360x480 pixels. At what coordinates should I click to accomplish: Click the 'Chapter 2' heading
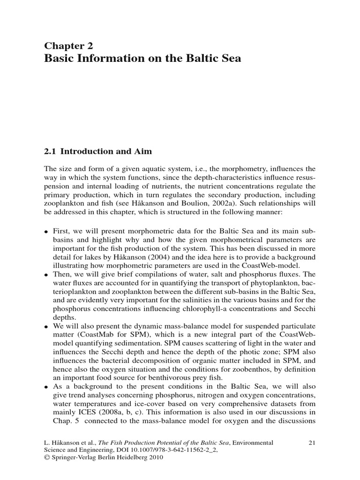coord(68,45)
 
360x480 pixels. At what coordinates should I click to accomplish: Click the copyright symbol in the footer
coord(47,459)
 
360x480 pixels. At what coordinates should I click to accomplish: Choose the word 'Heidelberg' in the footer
coord(140,459)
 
